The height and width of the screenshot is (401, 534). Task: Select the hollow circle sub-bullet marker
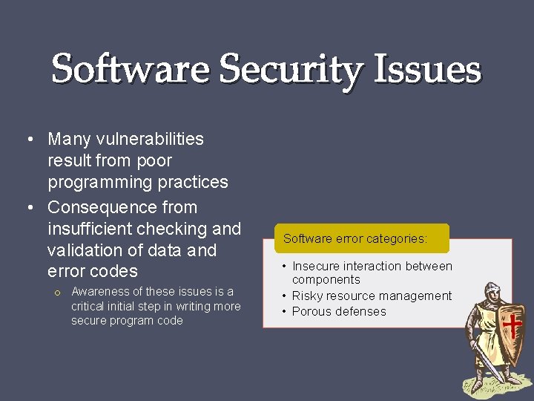[56, 292]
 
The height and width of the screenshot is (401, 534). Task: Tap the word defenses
[363, 311]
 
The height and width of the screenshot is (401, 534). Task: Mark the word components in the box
[326, 280]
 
